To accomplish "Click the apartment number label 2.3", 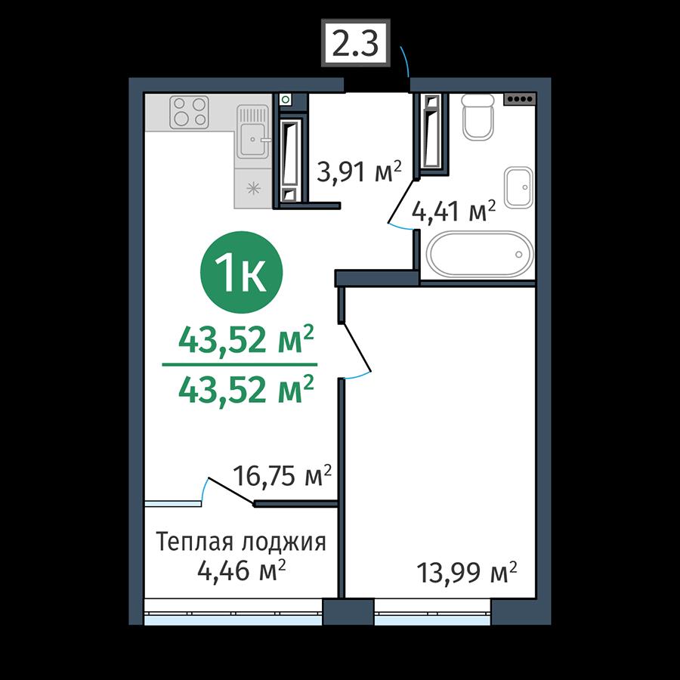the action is point(356,43).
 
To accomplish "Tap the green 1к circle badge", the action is point(241,272).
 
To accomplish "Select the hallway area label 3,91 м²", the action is point(360,172).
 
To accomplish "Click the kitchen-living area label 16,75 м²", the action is point(283,476).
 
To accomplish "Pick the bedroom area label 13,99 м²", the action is point(467,572).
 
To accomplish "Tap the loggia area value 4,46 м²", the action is point(242,570).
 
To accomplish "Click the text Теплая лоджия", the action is point(241,542).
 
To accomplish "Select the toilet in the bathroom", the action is point(478,116).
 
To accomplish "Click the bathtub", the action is point(480,254).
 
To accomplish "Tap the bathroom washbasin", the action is point(518,187).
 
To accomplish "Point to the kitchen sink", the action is point(253,131).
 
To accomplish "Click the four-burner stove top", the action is point(189,113).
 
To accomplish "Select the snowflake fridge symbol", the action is point(252,189).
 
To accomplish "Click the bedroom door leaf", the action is point(356,348).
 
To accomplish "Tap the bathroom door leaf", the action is point(401,201).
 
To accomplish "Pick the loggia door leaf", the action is point(231,491).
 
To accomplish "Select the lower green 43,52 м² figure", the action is point(246,389).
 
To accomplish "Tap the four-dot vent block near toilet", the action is point(520,99).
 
